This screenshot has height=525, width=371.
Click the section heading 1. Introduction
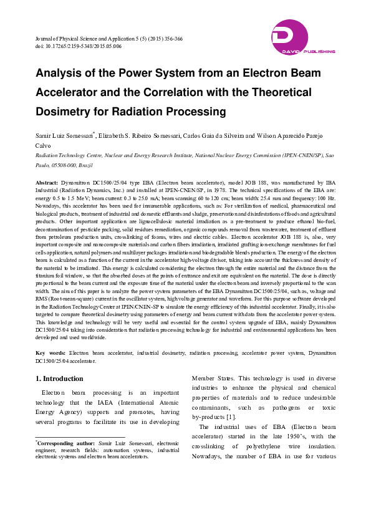click(x=59, y=378)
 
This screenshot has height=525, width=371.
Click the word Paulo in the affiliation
click(x=42, y=165)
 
